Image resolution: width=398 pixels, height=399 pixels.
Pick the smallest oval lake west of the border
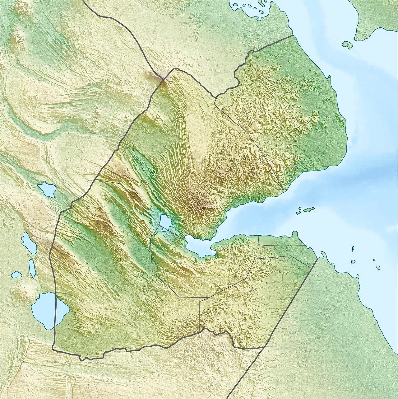point(16,275)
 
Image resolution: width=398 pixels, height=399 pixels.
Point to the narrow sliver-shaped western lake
point(32,269)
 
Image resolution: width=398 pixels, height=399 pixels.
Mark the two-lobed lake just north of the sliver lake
point(29,242)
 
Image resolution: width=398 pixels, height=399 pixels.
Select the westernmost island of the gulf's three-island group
point(298,213)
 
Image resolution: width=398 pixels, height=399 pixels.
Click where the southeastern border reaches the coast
point(318,258)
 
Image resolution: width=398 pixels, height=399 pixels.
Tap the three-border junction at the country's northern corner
point(162,79)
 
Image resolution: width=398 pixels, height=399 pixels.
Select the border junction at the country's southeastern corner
point(264,347)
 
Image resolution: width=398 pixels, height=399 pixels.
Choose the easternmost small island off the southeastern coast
point(378,267)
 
